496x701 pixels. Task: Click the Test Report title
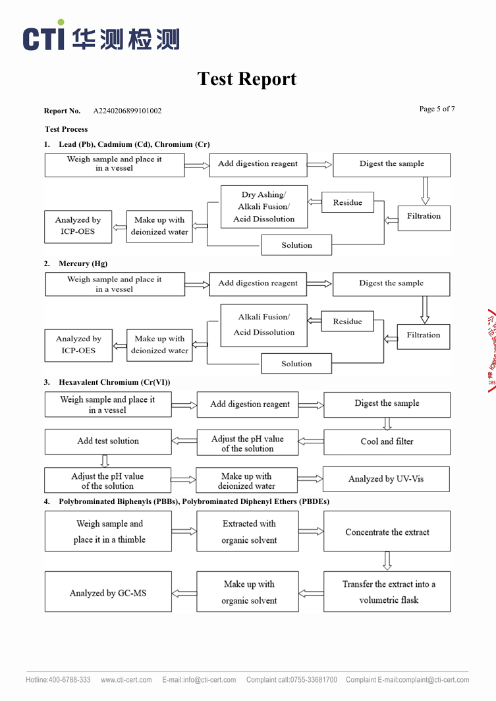pyautogui.click(x=247, y=79)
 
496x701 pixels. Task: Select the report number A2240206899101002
pyautogui.click(x=127, y=111)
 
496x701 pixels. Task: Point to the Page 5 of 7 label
pyautogui.click(x=437, y=109)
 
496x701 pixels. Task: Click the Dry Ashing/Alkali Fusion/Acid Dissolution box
pyautogui.click(x=263, y=207)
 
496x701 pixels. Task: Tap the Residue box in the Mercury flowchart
pyautogui.click(x=347, y=322)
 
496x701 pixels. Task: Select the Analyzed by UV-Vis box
pyautogui.click(x=386, y=479)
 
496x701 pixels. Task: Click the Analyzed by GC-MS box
pyautogui.click(x=108, y=593)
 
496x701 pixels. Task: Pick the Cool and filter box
pyautogui.click(x=387, y=441)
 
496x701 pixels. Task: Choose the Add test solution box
pyautogui.click(x=108, y=441)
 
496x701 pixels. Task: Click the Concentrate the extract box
pyautogui.click(x=387, y=532)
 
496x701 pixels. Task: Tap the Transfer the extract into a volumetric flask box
pyautogui.click(x=387, y=592)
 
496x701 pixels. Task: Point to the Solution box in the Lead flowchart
pyautogui.click(x=296, y=245)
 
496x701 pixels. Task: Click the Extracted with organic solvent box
pyautogui.click(x=250, y=532)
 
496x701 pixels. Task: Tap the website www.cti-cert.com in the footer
pyautogui.click(x=126, y=680)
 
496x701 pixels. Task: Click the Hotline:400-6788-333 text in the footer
pyautogui.click(x=58, y=680)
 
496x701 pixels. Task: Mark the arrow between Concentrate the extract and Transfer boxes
pyautogui.click(x=387, y=561)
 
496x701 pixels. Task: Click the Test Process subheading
pyautogui.click(x=66, y=129)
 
